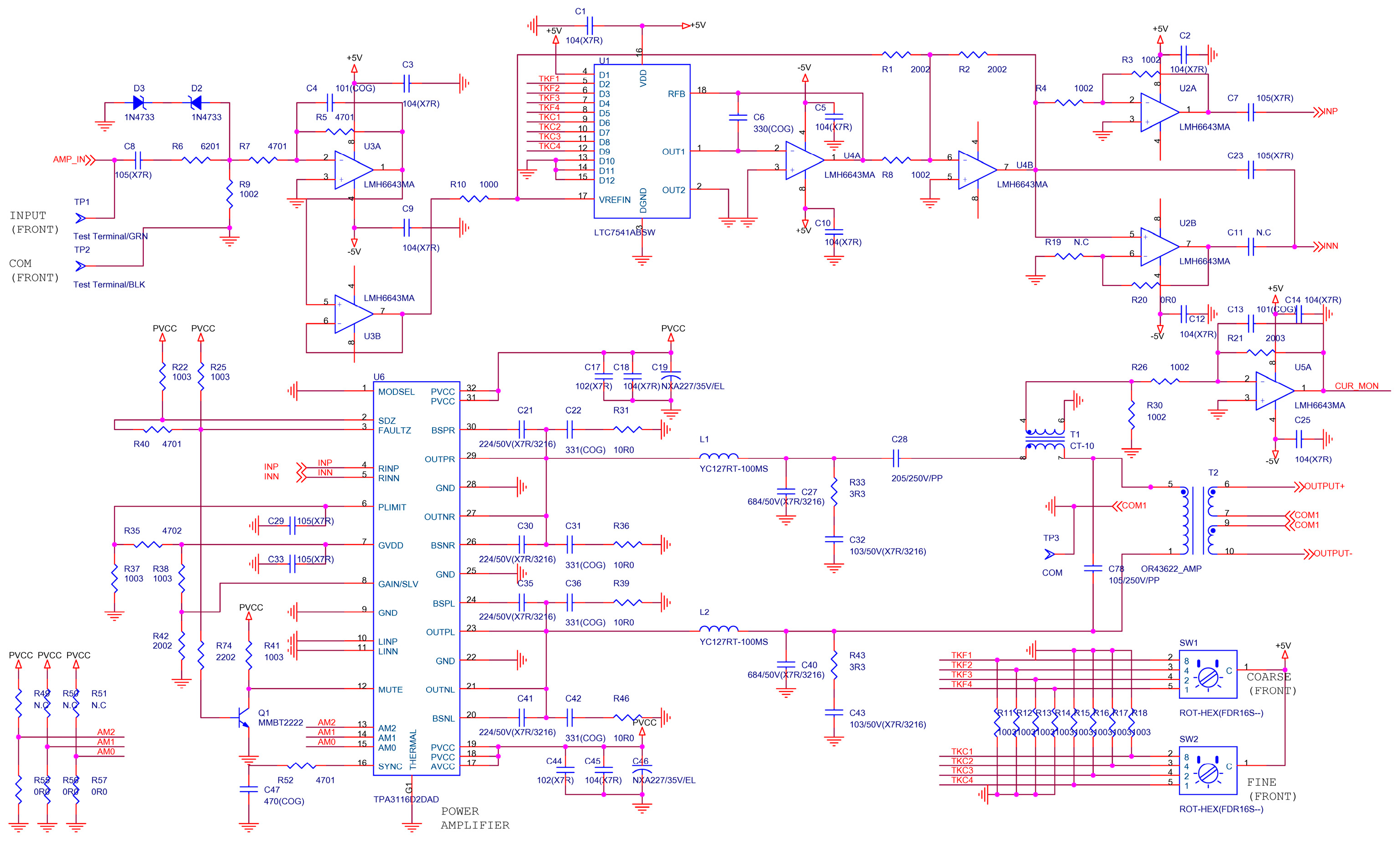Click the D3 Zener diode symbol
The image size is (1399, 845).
pyautogui.click(x=139, y=103)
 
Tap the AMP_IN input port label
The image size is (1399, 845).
pyautogui.click(x=69, y=160)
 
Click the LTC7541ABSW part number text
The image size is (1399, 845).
pyautogui.click(x=624, y=232)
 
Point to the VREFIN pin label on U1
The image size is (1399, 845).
pyautogui.click(x=614, y=200)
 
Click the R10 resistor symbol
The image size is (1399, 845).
pyautogui.click(x=474, y=199)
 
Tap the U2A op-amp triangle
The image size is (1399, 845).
pyautogui.click(x=1158, y=112)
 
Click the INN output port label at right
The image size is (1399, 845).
pyautogui.click(x=1330, y=246)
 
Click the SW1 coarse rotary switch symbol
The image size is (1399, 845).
pyautogui.click(x=1208, y=675)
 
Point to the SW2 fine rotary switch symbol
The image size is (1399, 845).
pyautogui.click(x=1208, y=771)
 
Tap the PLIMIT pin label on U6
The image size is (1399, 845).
pyautogui.click(x=392, y=508)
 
